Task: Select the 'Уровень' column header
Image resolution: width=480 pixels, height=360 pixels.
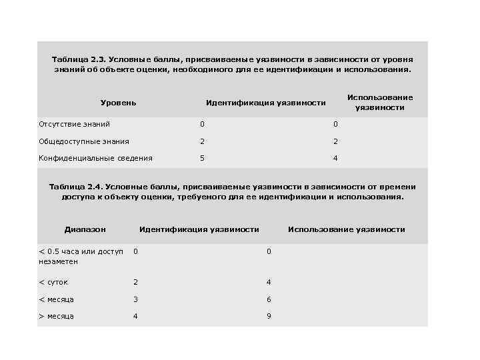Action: click(x=118, y=103)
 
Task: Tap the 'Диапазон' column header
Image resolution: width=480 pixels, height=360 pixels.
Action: click(x=85, y=229)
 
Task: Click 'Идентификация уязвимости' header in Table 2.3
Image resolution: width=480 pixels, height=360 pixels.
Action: click(x=265, y=103)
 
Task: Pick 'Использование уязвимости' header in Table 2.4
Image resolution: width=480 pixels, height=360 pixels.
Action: click(x=346, y=229)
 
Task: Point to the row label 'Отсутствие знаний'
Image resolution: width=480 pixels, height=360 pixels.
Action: click(x=74, y=124)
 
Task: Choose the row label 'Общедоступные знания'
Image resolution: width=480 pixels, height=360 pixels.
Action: click(x=84, y=141)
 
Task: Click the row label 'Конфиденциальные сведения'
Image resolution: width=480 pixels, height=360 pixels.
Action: click(x=95, y=158)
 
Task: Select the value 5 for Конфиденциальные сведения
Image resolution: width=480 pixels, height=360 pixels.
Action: click(x=202, y=158)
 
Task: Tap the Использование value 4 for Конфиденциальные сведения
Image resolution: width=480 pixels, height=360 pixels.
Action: click(x=335, y=158)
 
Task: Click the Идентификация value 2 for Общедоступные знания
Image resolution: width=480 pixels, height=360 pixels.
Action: click(x=202, y=141)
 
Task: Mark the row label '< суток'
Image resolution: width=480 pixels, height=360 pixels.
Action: click(x=53, y=282)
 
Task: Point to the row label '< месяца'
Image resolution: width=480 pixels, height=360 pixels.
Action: click(x=56, y=299)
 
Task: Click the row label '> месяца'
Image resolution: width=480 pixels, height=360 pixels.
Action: click(x=56, y=316)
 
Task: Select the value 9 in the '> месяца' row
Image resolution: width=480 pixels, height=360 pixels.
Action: click(x=269, y=316)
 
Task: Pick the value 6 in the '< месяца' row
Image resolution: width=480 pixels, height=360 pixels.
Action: click(x=269, y=299)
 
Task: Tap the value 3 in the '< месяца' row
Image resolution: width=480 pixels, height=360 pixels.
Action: click(x=135, y=299)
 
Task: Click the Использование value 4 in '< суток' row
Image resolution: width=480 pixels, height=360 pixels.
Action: click(x=269, y=282)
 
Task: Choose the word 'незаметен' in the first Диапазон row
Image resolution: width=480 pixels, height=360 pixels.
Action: click(x=58, y=261)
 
